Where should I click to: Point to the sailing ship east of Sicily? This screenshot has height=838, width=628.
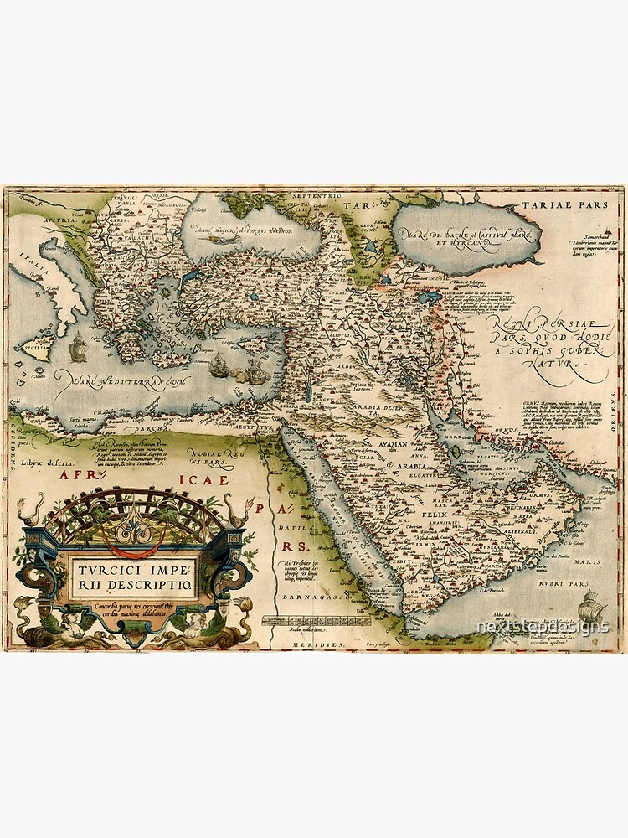click(x=78, y=345)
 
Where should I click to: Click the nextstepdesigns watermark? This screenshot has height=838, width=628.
click(x=542, y=628)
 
